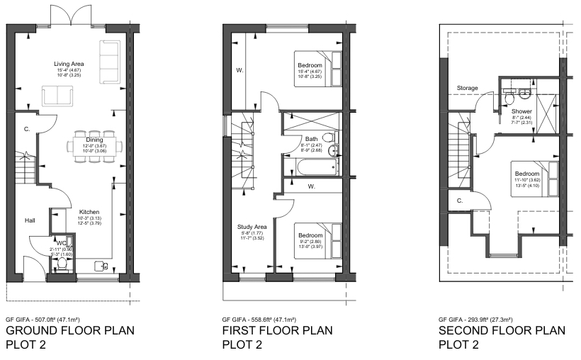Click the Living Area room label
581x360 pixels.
(69, 64)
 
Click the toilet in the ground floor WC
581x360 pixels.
(62, 264)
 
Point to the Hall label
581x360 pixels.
(30, 220)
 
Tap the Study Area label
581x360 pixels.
(251, 227)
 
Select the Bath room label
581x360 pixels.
(312, 139)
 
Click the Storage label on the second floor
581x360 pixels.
(467, 89)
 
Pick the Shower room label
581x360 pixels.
(521, 111)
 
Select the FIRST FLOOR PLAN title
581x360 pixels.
(277, 331)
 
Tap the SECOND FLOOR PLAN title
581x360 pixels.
(502, 331)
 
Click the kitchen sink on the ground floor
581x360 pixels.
(104, 266)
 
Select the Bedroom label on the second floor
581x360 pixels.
(527, 174)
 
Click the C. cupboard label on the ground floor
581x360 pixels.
(26, 129)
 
